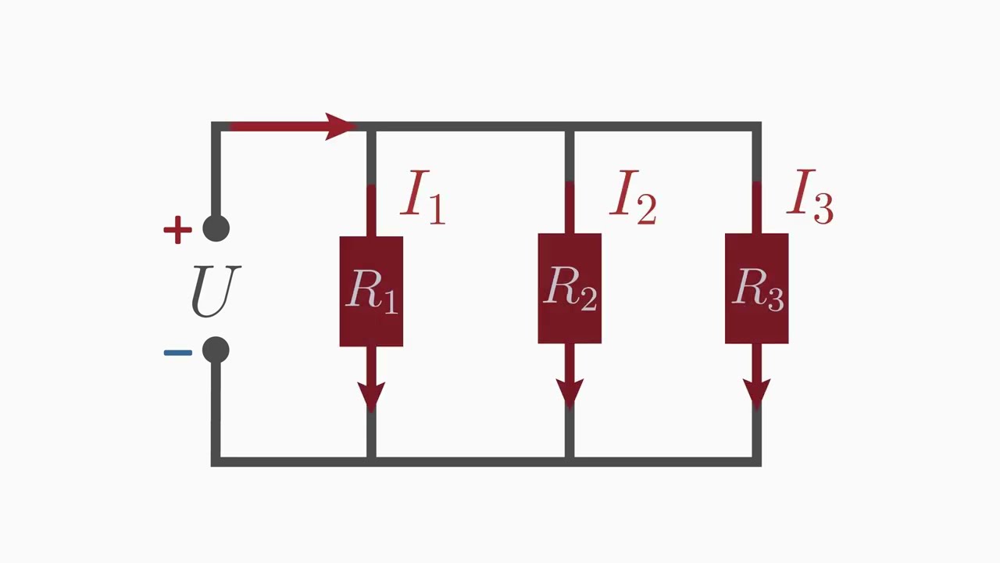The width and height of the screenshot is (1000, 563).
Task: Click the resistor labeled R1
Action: point(371,291)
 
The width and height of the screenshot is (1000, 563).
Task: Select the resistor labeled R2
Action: point(570,289)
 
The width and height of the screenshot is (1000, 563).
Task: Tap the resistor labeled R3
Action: point(756,289)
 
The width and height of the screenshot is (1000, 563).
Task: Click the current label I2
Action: point(634,198)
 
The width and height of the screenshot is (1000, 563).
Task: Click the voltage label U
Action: point(216,291)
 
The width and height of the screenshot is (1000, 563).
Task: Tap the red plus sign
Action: point(177,230)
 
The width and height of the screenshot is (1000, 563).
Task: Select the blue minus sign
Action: point(177,353)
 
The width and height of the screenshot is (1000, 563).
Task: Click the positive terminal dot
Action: point(216,228)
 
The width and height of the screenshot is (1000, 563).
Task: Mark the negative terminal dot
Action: point(216,350)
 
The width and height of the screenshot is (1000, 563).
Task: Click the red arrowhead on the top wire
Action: point(339,126)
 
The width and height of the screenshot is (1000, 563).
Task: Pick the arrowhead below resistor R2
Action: point(570,393)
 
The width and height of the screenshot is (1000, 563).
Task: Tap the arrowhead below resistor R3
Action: point(756,393)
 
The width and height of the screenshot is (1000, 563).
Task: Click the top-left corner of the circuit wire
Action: point(216,126)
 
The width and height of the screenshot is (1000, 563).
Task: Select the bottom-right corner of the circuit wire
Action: point(756,461)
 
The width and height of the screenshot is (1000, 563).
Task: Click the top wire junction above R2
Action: point(570,126)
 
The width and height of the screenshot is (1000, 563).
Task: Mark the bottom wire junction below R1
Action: point(371,461)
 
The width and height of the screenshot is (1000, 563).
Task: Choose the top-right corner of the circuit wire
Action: point(756,126)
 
